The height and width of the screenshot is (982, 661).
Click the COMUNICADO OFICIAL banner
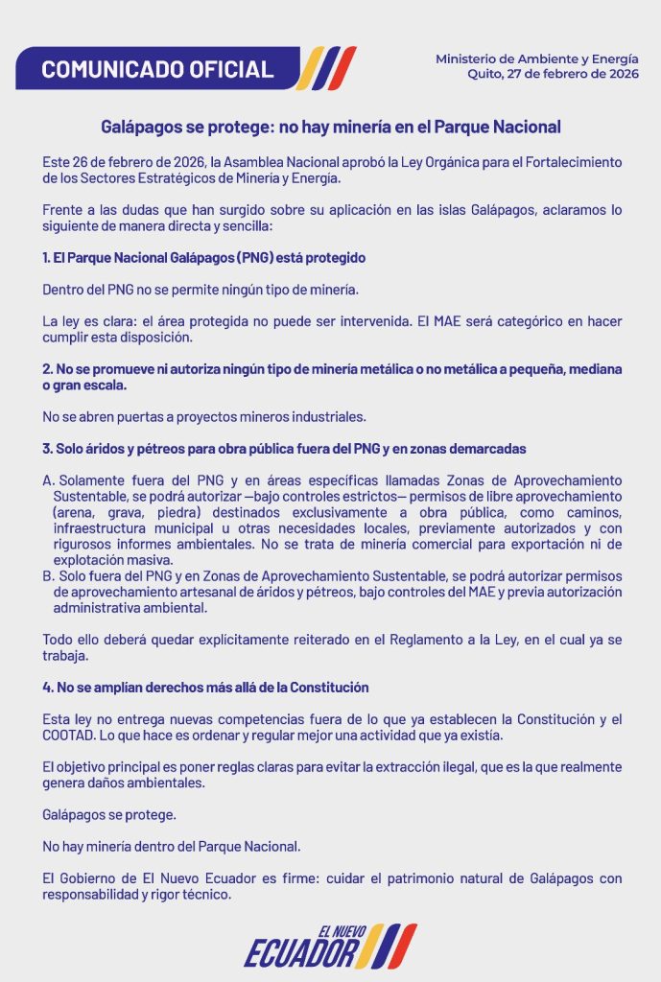pos(157,69)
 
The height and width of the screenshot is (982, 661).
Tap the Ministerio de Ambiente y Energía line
pos(536,58)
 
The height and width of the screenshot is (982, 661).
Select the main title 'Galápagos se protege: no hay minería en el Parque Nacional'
pos(331,127)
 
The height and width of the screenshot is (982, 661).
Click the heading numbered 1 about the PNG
pos(204,259)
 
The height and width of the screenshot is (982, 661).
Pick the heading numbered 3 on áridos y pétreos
pos(284,449)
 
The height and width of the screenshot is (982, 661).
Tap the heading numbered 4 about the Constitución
pos(205,688)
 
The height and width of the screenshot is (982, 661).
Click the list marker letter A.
pos(49,479)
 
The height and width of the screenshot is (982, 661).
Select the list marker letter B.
pos(49,575)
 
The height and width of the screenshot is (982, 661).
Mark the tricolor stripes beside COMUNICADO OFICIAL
pos(328,68)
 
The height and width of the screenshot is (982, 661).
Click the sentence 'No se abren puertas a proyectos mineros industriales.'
pos(204,417)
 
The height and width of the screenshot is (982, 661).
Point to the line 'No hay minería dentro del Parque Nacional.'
pos(171,847)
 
